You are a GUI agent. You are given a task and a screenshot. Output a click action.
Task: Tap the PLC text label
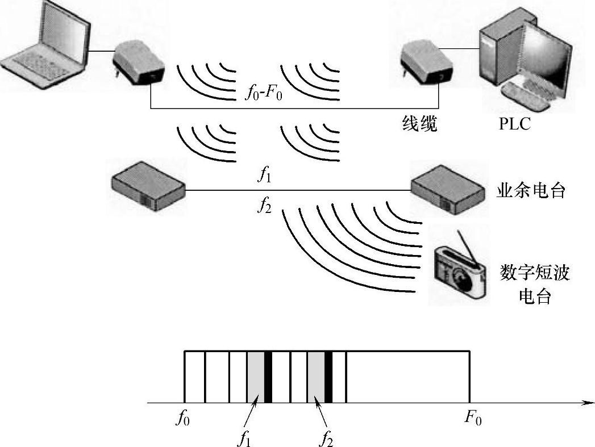[x=514, y=124]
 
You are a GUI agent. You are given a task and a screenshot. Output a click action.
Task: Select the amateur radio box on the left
[x=148, y=185]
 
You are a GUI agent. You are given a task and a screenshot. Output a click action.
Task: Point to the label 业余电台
[x=531, y=191]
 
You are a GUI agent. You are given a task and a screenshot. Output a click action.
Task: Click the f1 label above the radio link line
[x=264, y=176]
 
